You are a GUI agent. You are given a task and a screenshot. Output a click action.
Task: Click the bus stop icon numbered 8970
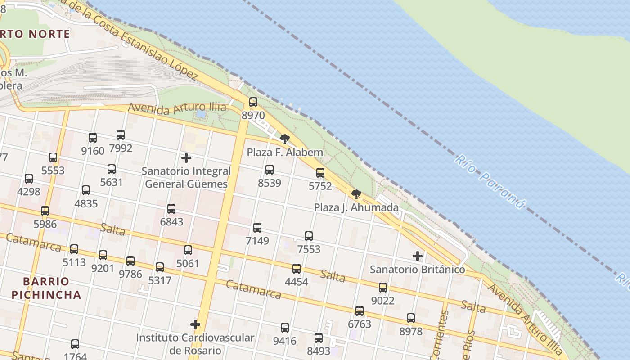pos(253,102)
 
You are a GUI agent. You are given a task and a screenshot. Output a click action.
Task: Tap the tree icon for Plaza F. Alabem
pos(284,139)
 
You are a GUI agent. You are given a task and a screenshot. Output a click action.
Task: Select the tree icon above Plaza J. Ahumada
pos(356,194)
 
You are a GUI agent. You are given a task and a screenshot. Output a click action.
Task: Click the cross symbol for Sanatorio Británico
pos(418,256)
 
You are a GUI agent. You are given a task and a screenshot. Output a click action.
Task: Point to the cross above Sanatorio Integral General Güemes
pos(186,158)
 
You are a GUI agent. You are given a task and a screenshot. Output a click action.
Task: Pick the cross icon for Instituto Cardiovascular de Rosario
pos(195,324)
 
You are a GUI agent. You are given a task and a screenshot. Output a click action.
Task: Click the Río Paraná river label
pos(490,181)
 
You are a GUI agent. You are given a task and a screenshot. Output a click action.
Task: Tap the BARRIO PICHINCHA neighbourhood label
pos(46,288)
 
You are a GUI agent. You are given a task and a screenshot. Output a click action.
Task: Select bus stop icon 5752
pos(320,173)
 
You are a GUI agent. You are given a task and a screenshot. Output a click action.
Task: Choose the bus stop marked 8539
pos(270,170)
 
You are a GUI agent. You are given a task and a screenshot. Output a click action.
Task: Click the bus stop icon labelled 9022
pos(383,287)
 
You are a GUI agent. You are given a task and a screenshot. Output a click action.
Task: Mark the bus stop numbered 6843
pos(171,209)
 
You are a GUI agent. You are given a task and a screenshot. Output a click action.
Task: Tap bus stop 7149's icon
pos(257,228)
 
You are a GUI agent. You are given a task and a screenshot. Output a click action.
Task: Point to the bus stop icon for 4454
pos(297,269)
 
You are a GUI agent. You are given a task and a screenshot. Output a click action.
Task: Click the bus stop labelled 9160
pos(93,138)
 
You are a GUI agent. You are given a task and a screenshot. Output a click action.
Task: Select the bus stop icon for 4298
pos(29,179)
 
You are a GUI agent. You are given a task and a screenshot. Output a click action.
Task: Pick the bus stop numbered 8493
pos(319,337)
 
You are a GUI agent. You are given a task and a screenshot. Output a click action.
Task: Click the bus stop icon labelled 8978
pos(411,318)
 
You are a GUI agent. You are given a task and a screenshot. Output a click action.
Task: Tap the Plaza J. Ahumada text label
pos(356,208)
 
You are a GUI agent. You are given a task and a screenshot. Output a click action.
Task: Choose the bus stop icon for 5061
pos(188,250)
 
